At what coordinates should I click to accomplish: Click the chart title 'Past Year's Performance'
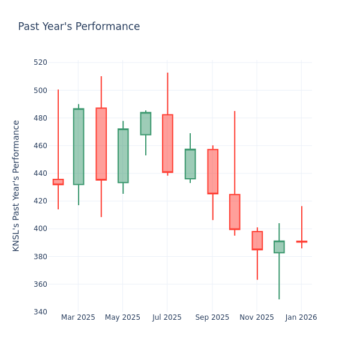click(79, 27)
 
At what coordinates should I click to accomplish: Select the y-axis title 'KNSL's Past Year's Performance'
click(16, 185)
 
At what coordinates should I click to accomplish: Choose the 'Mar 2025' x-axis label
click(78, 317)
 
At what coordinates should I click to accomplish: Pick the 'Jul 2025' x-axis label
click(167, 317)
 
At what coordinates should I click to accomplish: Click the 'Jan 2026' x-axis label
click(301, 317)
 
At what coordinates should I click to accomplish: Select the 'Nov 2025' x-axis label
click(256, 317)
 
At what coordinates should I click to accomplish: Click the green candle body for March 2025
click(79, 146)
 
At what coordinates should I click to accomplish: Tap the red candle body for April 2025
click(101, 144)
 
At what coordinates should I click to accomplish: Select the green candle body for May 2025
click(123, 155)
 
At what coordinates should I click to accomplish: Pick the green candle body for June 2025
click(145, 124)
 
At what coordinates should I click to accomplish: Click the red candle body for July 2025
click(167, 143)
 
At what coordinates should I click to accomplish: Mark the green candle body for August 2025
click(190, 164)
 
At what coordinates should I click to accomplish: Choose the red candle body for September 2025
click(212, 172)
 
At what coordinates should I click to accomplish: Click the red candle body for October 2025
click(235, 212)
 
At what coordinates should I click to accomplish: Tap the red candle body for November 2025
click(257, 241)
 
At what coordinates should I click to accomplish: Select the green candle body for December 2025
click(279, 247)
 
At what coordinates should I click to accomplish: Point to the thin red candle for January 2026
click(301, 242)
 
